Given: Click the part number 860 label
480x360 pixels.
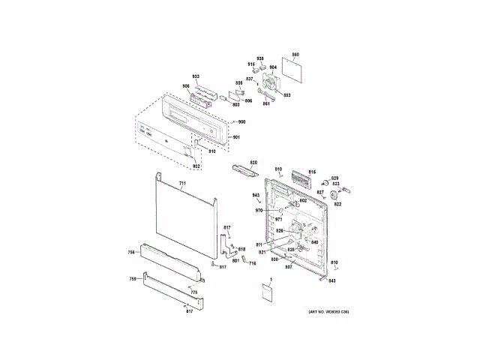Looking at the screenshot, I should (295, 55).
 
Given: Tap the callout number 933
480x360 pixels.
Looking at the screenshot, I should (196, 77).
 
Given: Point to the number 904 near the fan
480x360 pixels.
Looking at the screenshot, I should (273, 67).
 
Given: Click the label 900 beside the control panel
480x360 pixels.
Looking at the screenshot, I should (242, 121).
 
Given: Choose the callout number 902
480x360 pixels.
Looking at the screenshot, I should (196, 166).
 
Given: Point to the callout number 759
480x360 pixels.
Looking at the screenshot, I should (133, 279).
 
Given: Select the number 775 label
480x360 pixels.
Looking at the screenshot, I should (193, 292).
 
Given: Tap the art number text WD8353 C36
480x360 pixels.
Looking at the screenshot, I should (328, 311).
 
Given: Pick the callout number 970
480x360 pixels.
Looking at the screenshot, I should (259, 211).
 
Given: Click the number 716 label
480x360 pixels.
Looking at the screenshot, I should (253, 263).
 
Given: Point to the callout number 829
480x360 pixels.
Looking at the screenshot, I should (335, 177).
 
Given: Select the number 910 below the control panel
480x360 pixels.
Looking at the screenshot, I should (212, 151).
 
